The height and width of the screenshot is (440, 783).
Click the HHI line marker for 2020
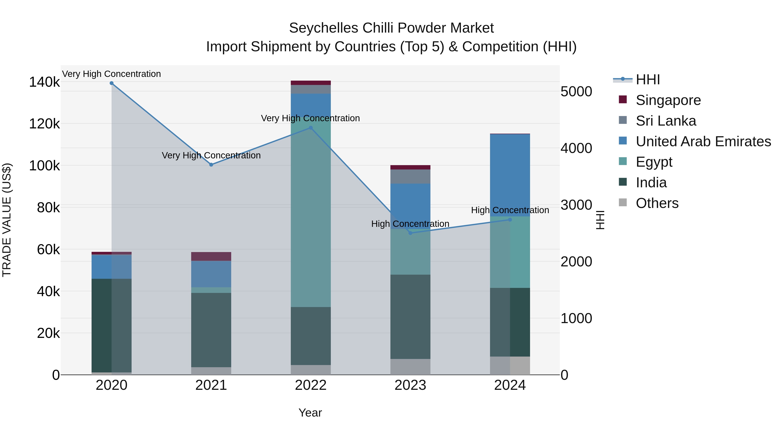coord(112,83)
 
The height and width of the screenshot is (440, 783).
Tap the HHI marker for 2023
coord(410,233)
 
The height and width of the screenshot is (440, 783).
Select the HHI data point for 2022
coord(311,128)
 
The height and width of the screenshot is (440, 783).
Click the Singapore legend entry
coord(668,100)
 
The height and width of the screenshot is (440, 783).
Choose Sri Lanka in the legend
coord(666,121)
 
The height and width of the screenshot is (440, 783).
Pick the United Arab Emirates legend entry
coord(703,141)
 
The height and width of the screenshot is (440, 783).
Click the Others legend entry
coord(657,203)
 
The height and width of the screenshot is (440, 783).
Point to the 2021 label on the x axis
coord(211,385)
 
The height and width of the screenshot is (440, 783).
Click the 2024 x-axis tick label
coord(510,385)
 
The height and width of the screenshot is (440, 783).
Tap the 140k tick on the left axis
coord(44,82)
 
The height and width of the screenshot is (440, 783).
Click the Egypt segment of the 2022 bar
coord(311,213)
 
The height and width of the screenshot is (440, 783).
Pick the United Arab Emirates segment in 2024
coord(510,175)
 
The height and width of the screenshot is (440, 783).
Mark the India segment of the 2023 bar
coord(410,317)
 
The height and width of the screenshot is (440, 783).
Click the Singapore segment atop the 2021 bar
coord(211,256)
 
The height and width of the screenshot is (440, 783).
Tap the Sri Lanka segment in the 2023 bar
coord(410,176)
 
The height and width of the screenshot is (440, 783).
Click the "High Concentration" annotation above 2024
coord(510,210)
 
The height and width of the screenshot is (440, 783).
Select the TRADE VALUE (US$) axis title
coord(7,220)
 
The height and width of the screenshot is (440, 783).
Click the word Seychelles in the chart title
coord(323,28)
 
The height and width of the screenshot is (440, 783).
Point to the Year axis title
coord(310,413)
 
